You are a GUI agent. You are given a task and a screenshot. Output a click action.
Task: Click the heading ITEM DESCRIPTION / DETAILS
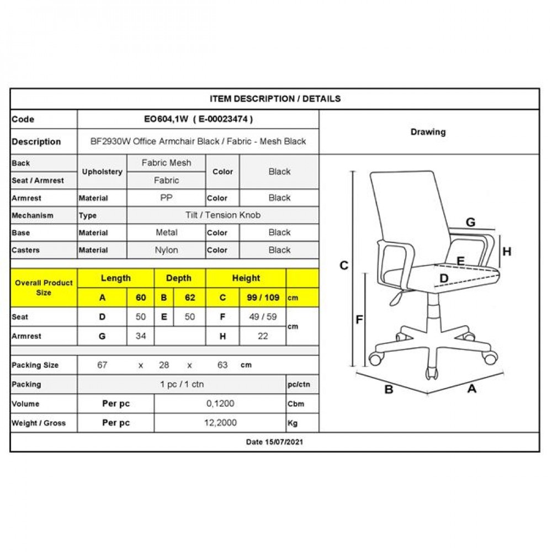[x=275, y=99]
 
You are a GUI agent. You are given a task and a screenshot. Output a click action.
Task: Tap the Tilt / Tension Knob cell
[x=222, y=215]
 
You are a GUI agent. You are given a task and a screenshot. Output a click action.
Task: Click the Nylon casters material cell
[x=166, y=250]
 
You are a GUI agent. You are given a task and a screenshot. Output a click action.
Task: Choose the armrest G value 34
[x=141, y=336]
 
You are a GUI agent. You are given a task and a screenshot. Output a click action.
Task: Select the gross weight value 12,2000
[x=220, y=423]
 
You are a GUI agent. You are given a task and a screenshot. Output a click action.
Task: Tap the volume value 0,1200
[x=220, y=404]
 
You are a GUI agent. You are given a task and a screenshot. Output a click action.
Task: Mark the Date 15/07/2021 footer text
[x=274, y=442]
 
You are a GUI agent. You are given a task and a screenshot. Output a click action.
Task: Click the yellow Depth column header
[x=179, y=278]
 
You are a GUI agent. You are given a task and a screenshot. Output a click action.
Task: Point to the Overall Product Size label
[x=44, y=288]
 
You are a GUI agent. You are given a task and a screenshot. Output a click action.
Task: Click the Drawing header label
[x=428, y=132]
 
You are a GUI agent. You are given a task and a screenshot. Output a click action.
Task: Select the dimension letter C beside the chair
[x=344, y=266]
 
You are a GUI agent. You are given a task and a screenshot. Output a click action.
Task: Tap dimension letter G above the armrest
[x=470, y=222]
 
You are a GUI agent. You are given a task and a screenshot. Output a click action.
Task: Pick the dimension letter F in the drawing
[x=359, y=319]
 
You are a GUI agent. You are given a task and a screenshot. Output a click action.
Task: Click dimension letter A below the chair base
[x=472, y=389]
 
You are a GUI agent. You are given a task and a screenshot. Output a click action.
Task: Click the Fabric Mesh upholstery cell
[x=166, y=163]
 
